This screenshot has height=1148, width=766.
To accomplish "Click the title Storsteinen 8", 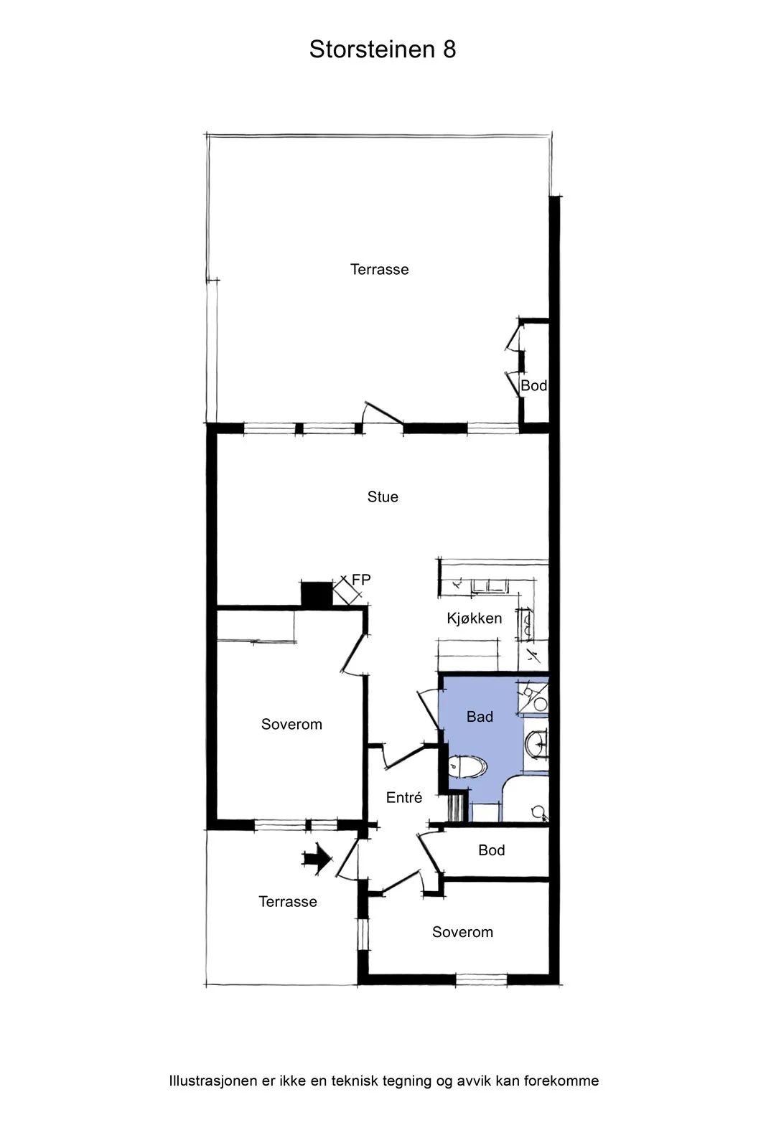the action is [383, 50].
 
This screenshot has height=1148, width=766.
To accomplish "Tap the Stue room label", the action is [383, 497].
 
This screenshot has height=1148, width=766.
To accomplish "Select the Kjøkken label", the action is [475, 618].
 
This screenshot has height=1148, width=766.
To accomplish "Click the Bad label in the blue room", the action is [480, 717].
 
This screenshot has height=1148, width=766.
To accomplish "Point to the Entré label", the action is [404, 797].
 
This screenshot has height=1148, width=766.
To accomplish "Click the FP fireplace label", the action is [362, 579].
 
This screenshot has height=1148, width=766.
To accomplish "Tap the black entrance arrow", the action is [317, 858].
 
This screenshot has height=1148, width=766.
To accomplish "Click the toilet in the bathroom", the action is [467, 767].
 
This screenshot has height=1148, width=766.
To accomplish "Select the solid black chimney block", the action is [317, 593].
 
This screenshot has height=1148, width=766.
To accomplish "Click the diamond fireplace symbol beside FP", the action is [347, 591].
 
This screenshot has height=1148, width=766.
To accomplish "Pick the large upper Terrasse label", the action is [380, 269].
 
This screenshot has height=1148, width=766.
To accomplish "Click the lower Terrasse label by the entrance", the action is [288, 901].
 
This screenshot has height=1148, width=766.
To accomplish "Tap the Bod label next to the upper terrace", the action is [533, 385].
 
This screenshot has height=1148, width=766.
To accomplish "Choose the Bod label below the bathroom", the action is [492, 850].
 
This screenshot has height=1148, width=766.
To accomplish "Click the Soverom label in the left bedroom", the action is [291, 724].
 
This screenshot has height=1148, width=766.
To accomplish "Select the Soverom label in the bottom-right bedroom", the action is [462, 932].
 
